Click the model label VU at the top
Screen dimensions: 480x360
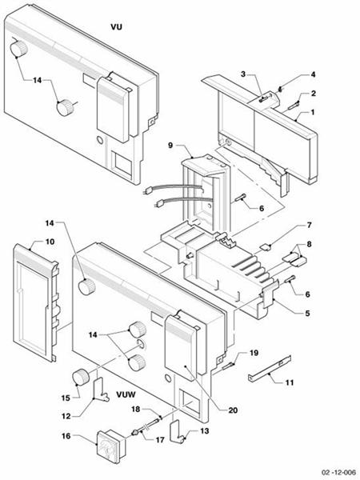[x=116, y=26]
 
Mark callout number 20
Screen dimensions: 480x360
[x=233, y=410]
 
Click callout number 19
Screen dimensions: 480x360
[x=254, y=352]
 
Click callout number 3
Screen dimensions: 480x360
[x=242, y=74]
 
